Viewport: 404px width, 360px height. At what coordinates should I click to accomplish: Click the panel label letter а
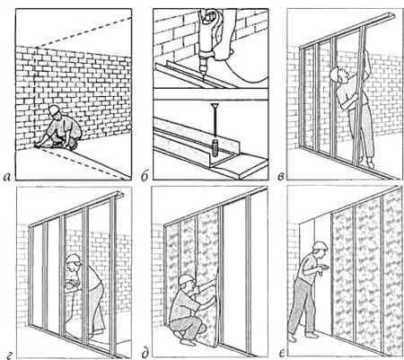[x=6, y=177]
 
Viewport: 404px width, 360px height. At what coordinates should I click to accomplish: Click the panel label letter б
[x=145, y=177]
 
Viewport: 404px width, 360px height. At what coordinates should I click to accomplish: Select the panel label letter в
[x=281, y=177]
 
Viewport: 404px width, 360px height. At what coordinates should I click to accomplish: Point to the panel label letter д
[x=145, y=354]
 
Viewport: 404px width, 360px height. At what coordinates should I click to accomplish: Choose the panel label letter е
[x=281, y=354]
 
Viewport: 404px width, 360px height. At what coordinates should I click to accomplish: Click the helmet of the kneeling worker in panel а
[x=54, y=110]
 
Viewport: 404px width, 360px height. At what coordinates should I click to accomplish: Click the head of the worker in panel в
[x=338, y=75]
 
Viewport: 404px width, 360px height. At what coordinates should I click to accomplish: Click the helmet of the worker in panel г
[x=73, y=259]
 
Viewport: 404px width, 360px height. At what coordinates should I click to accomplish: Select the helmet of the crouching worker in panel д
[x=186, y=279]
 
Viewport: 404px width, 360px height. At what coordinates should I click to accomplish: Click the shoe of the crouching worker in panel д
[x=187, y=341]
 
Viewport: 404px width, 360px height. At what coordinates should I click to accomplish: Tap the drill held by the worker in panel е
[x=323, y=270]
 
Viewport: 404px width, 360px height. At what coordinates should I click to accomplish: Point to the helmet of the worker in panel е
[x=321, y=246]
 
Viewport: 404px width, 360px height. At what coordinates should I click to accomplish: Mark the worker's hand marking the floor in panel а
[x=38, y=145]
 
